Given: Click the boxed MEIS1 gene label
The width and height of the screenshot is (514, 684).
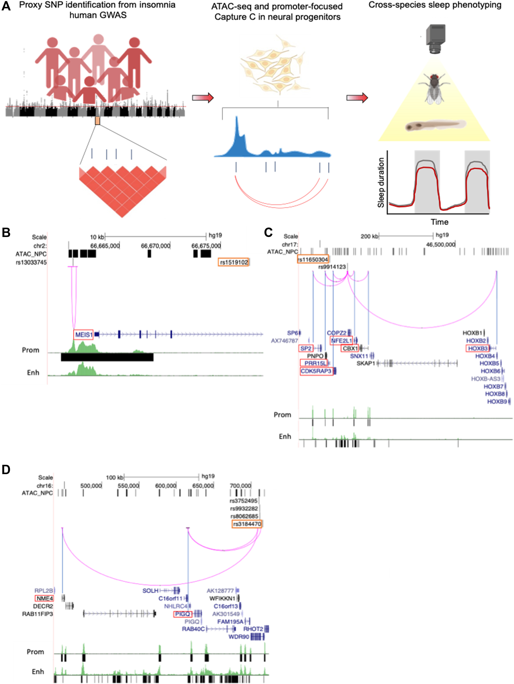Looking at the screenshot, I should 83,335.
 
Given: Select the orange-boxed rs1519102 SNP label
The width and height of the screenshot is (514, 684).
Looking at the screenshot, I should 234,262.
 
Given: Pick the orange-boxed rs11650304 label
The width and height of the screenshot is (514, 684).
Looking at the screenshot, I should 313,260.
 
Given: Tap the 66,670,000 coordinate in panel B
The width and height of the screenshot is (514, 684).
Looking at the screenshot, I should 156,246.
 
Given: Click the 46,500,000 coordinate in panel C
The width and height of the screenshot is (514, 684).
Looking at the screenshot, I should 440,244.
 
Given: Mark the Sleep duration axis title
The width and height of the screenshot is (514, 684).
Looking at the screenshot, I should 381,182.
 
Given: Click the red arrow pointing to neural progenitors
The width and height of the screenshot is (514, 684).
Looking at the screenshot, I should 203,98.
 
